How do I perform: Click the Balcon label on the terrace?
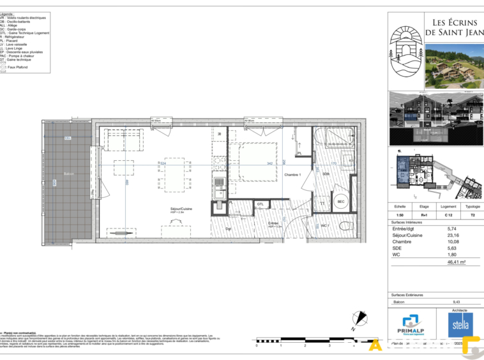click(68, 174)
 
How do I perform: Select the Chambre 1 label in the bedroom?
click(292, 175)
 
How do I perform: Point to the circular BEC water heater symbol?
click(341, 200)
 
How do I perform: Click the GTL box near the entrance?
click(261, 204)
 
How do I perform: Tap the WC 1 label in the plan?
click(324, 225)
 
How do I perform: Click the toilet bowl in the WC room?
click(343, 226)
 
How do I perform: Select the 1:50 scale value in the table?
click(400, 216)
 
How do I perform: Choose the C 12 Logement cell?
click(448, 216)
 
